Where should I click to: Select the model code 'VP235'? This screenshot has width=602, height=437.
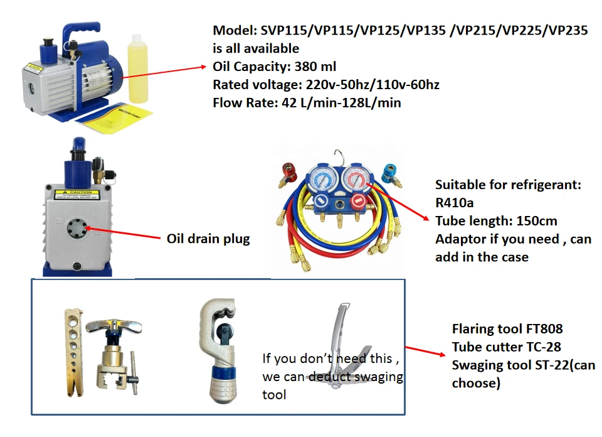coord(568,30)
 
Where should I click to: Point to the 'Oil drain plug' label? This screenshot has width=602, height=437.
coord(208,239)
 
